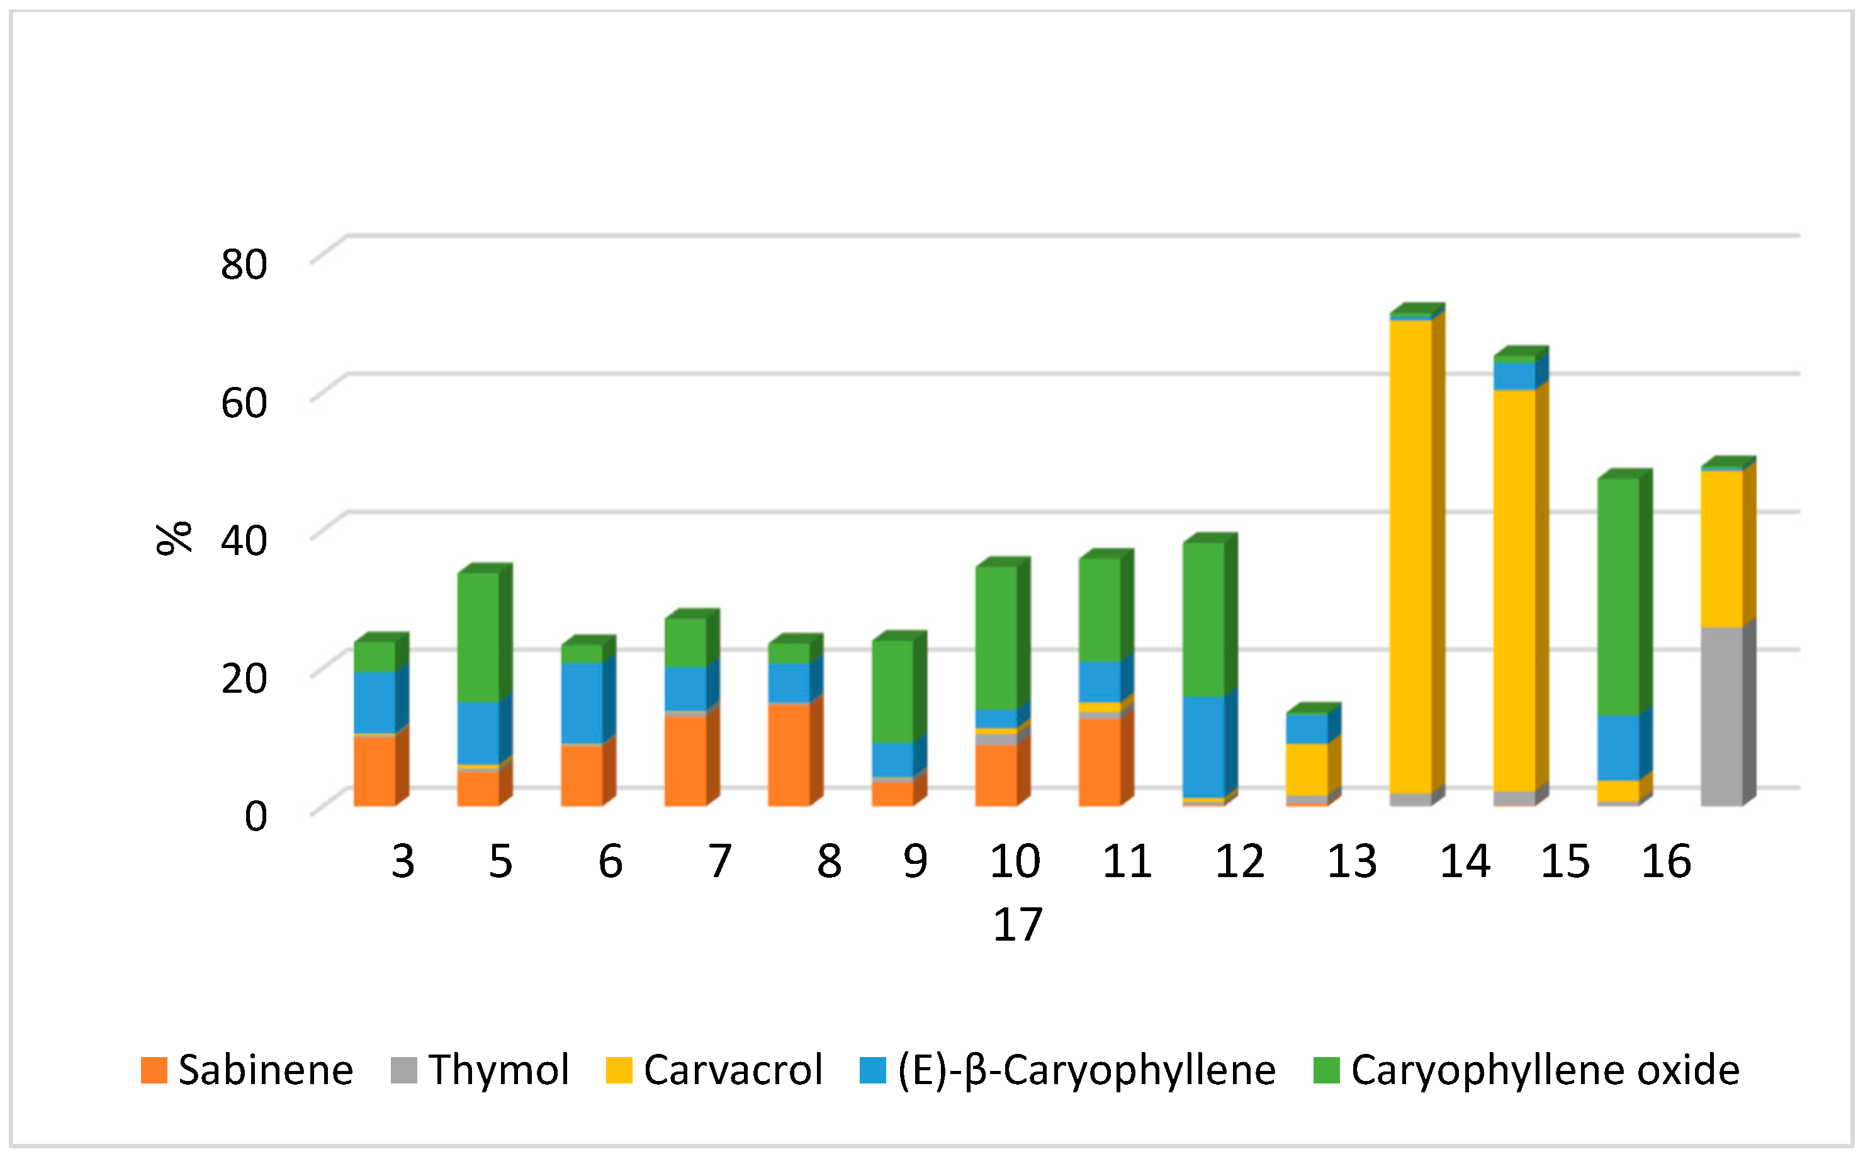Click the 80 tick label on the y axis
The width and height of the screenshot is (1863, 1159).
tap(244, 264)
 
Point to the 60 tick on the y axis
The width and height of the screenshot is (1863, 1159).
tap(244, 403)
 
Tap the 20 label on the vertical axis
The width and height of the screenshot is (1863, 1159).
tap(244, 678)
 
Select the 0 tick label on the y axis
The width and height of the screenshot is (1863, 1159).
tap(256, 815)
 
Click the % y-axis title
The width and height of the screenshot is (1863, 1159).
tap(173, 538)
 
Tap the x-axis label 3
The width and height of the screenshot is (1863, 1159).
tap(403, 861)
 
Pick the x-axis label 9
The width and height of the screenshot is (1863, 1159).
tap(915, 861)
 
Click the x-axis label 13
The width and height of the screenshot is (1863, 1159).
tap(1352, 861)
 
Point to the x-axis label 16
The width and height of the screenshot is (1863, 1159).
tap(1665, 861)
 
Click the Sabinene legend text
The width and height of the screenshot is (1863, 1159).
tap(265, 1070)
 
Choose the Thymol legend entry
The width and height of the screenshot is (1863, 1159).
tap(498, 1070)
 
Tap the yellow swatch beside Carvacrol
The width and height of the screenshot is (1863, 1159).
tap(619, 1070)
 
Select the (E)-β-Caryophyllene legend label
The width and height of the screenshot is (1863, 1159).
tap(1086, 1070)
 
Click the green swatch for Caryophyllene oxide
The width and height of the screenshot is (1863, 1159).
tap(1326, 1070)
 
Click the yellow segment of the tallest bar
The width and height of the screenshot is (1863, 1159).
tap(1410, 556)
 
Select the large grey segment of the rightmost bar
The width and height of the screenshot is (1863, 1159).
tap(1721, 716)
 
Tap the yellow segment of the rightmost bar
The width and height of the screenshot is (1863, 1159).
tap(1721, 549)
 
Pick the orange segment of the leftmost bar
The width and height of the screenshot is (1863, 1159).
tap(374, 770)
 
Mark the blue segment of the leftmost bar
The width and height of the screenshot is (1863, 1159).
tap(374, 702)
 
